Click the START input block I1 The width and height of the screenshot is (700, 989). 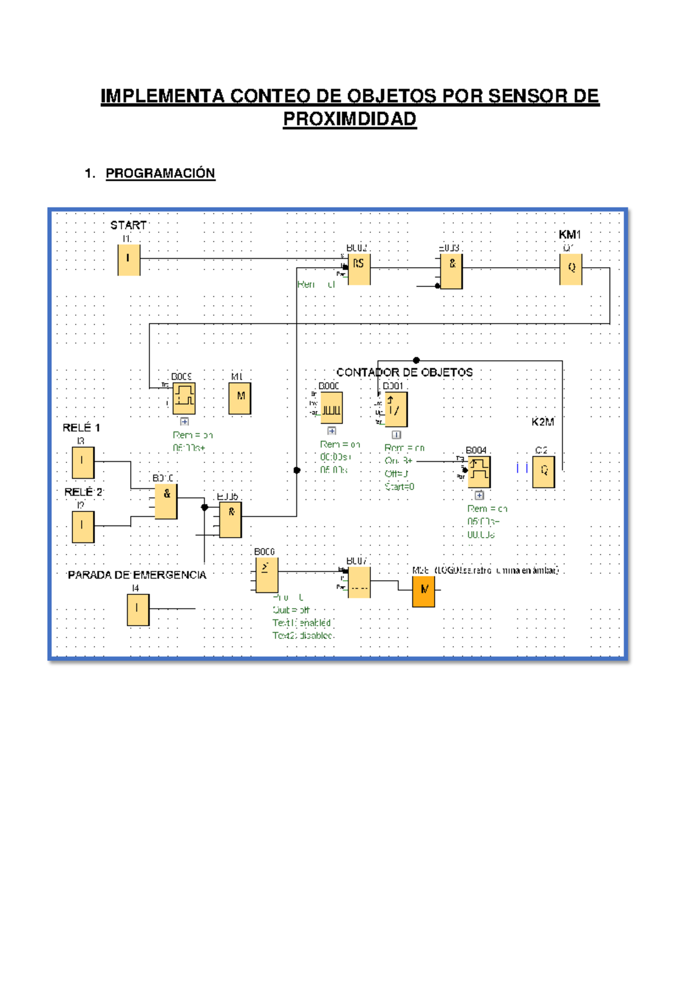[x=129, y=259]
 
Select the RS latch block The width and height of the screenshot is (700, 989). [x=359, y=269]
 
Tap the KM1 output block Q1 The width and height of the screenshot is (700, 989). [x=570, y=269]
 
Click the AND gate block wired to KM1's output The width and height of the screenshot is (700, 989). [x=452, y=272]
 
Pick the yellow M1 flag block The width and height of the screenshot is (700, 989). [x=240, y=398]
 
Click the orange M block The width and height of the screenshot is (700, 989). [x=423, y=591]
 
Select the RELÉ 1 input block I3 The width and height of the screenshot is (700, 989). [x=83, y=462]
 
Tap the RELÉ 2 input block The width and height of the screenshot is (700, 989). [x=83, y=527]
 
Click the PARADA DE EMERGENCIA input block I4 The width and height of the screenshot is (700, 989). [x=138, y=609]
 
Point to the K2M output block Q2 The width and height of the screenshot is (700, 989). [x=543, y=471]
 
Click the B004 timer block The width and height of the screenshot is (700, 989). [x=479, y=472]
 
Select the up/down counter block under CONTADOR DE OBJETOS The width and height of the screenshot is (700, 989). [x=395, y=409]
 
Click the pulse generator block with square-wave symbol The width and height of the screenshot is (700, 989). [x=331, y=408]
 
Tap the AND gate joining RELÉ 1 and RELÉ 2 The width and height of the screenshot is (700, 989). [x=166, y=501]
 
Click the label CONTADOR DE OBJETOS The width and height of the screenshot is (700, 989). [x=404, y=373]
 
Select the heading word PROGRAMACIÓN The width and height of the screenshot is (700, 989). [x=160, y=173]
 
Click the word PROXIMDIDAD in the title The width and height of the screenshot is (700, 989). [x=349, y=119]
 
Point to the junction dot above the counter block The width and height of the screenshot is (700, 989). [x=416, y=360]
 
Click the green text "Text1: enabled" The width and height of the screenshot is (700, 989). [x=302, y=623]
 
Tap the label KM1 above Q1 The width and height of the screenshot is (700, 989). [x=569, y=234]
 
